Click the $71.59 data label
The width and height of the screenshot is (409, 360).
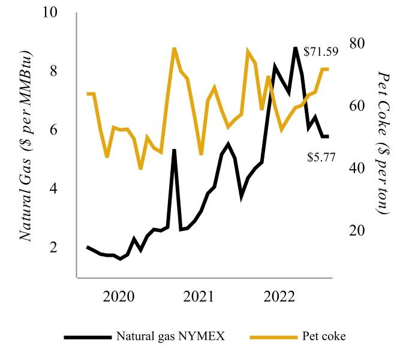point(321,52)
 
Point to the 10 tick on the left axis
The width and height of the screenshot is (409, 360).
point(55,13)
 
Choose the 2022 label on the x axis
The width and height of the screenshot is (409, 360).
point(279,296)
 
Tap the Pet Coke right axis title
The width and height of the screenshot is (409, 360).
point(384,142)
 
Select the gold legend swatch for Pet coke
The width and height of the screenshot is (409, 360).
point(275,337)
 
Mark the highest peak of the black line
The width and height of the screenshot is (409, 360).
point(295,48)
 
